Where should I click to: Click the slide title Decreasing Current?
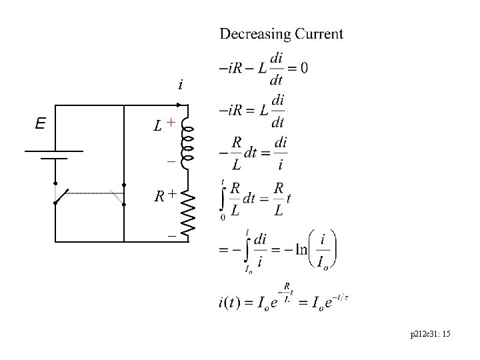281,34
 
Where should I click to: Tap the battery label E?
41,123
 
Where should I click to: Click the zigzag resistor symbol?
189,211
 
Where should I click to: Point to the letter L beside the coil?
157,125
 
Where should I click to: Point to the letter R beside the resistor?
159,196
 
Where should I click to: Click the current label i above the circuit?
180,85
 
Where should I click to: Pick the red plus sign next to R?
172,193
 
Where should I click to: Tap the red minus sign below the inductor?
171,162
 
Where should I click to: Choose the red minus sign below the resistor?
172,236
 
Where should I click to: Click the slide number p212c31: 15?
431,341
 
